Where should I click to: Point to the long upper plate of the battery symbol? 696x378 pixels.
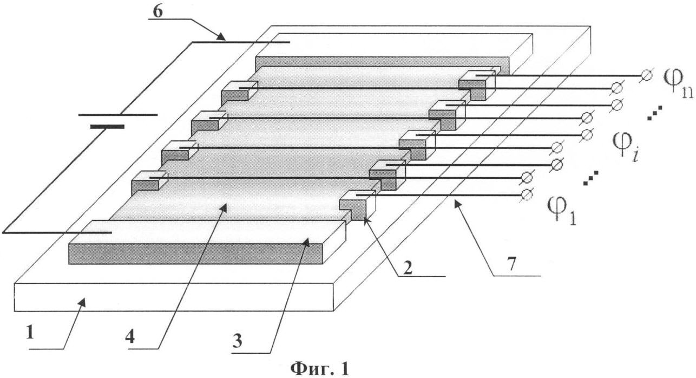(x=118, y=115)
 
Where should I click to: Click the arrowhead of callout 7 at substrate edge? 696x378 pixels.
(x=455, y=201)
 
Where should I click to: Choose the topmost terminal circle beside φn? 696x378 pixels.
(x=645, y=76)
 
